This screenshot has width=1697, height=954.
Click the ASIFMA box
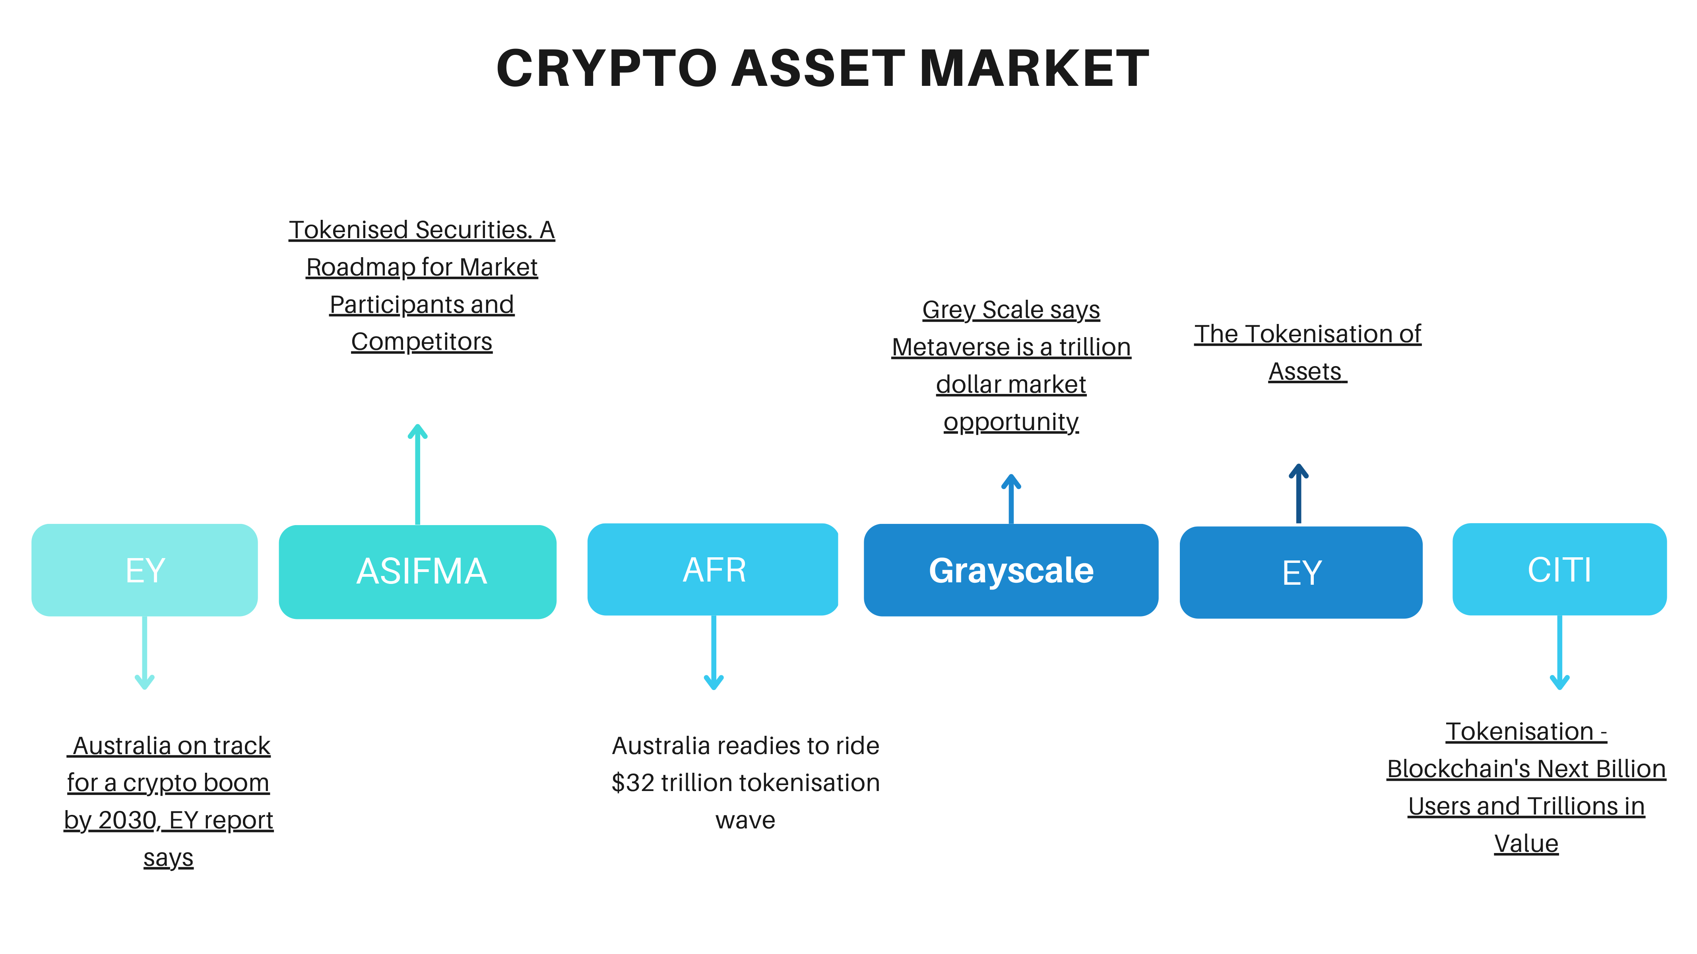coord(418,572)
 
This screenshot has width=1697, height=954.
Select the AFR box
coord(713,569)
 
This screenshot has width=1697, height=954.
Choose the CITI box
coord(1559,569)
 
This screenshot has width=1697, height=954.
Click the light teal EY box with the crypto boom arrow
coord(144,570)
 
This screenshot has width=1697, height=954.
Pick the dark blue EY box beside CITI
coord(1301,572)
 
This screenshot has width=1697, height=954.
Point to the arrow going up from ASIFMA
coord(418,474)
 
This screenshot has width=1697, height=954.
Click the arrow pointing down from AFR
coord(714,652)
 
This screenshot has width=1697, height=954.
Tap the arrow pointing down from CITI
coord(1559,652)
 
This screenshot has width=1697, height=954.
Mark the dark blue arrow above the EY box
coord(1298,493)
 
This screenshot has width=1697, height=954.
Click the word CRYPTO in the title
coord(607,68)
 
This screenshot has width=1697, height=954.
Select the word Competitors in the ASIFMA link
coord(422,342)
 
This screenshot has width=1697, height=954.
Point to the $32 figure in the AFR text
coord(632,783)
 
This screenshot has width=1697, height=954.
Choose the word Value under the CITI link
coord(1526,844)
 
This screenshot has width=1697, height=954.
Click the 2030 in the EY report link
coord(128,820)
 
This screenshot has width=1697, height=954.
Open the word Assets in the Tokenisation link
coord(1305,372)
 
